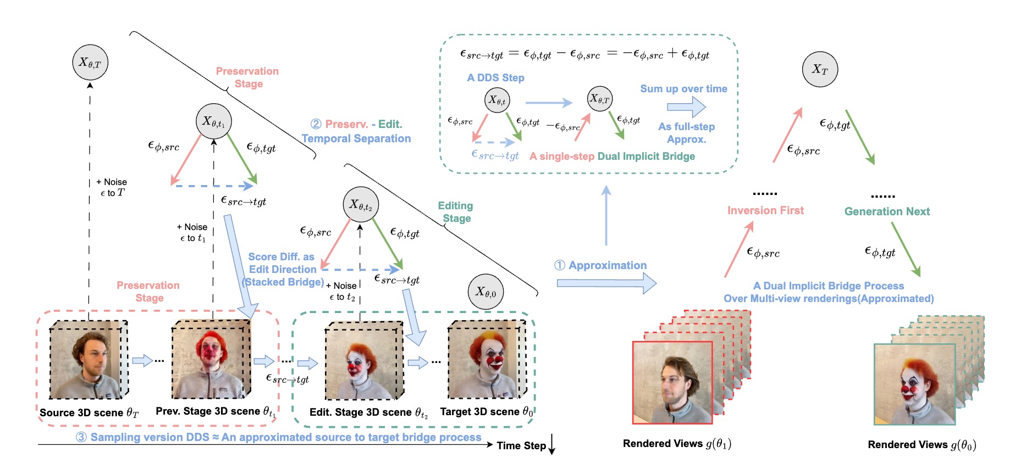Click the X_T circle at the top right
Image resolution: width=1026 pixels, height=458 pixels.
point(819,69)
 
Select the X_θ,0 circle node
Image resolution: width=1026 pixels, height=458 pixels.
point(486,292)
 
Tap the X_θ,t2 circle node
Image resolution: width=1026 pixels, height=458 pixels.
point(361,205)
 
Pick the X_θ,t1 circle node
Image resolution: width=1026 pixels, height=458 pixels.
point(213,121)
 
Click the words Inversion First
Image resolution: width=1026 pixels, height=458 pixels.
point(765,210)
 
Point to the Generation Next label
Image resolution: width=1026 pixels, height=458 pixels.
point(887,211)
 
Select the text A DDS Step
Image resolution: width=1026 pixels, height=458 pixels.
point(495,78)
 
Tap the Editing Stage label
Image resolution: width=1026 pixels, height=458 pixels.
point(456,212)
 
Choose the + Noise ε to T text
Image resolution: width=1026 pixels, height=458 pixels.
point(112,187)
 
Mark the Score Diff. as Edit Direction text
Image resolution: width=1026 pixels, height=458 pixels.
point(282,263)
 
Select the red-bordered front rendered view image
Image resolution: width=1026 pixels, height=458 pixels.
point(672,383)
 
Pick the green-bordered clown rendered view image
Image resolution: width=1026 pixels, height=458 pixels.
point(914,384)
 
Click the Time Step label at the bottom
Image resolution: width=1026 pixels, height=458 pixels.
point(521,445)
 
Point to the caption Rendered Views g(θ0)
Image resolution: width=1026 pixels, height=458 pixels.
point(922,444)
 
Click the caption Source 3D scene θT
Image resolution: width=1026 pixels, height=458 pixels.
point(89,412)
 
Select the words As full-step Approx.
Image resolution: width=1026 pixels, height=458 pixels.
point(686,133)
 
